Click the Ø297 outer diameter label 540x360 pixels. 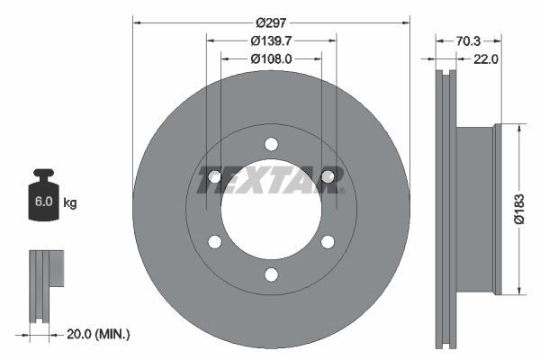point(271,22)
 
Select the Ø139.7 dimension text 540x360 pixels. point(271,40)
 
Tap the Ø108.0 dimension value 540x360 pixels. point(271,58)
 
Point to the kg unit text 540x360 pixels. point(69,203)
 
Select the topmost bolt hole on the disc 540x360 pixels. point(271,143)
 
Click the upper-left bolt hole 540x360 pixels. point(214,176)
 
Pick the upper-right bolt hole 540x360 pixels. point(328,176)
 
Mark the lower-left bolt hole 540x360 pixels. point(214,241)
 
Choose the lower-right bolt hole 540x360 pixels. point(328,241)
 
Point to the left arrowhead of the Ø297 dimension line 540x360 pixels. point(136,21)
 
